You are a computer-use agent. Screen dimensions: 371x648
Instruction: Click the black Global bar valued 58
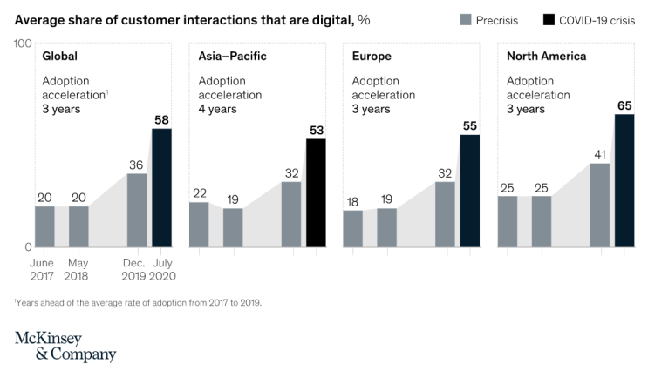point(162,187)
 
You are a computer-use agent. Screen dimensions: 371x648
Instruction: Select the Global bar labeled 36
point(137,210)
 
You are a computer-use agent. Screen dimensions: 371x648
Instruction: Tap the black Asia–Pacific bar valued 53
point(316,192)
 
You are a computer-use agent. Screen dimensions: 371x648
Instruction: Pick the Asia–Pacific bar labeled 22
point(199,224)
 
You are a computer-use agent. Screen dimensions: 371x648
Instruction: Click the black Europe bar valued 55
point(469,190)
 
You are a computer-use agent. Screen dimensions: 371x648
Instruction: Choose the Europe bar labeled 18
point(353,228)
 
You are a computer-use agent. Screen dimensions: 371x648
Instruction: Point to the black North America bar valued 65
point(624,180)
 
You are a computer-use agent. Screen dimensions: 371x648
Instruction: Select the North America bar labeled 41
point(599,205)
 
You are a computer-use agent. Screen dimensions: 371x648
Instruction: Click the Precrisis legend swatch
point(464,20)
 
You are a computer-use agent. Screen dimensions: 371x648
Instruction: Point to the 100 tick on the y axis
point(24,44)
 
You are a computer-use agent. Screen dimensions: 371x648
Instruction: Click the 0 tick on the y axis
point(28,246)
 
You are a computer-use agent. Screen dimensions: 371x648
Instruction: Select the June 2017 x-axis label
point(42,269)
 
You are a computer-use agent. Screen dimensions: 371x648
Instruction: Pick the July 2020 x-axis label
point(162,269)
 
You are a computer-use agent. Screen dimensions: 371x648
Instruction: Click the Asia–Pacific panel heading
point(232,57)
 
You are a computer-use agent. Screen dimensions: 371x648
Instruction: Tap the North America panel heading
point(546,57)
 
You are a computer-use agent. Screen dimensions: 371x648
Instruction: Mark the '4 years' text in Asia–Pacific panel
point(217,109)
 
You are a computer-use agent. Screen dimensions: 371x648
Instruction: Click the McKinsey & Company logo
point(65,346)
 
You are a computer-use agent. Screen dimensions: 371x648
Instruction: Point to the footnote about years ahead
point(138,303)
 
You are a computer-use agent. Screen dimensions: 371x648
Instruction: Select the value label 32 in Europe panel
point(445,173)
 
